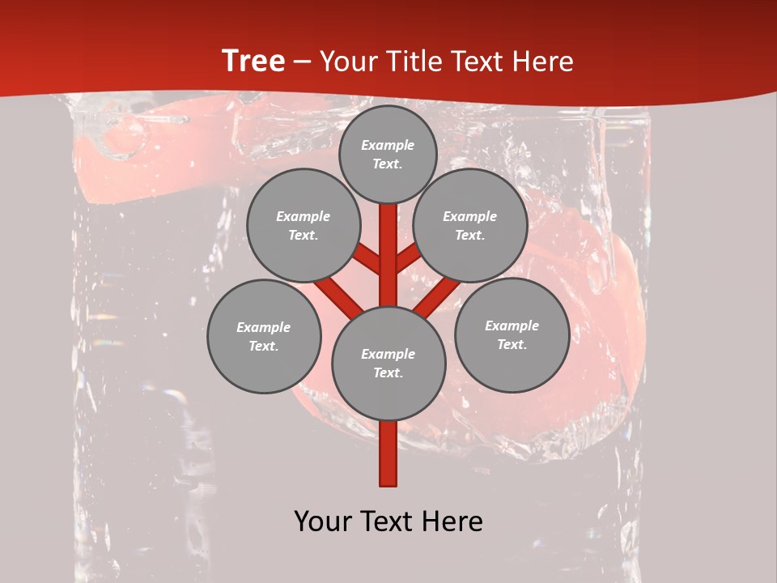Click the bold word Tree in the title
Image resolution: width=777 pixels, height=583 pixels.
[253, 62]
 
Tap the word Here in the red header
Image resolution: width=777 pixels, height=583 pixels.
[542, 62]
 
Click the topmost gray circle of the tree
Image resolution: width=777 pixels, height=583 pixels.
[388, 154]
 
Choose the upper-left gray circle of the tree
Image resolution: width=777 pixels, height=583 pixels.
[303, 225]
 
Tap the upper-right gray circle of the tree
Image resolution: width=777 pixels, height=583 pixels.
[469, 225]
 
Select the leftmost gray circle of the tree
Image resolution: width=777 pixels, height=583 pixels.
[264, 336]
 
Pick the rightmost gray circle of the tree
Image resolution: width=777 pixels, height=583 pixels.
[512, 334]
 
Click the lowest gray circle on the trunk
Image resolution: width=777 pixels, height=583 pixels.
[388, 363]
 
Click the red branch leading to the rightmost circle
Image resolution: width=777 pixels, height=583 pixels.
[437, 296]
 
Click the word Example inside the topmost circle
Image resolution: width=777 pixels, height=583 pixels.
[388, 145]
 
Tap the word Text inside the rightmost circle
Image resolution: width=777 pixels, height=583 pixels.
[512, 344]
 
